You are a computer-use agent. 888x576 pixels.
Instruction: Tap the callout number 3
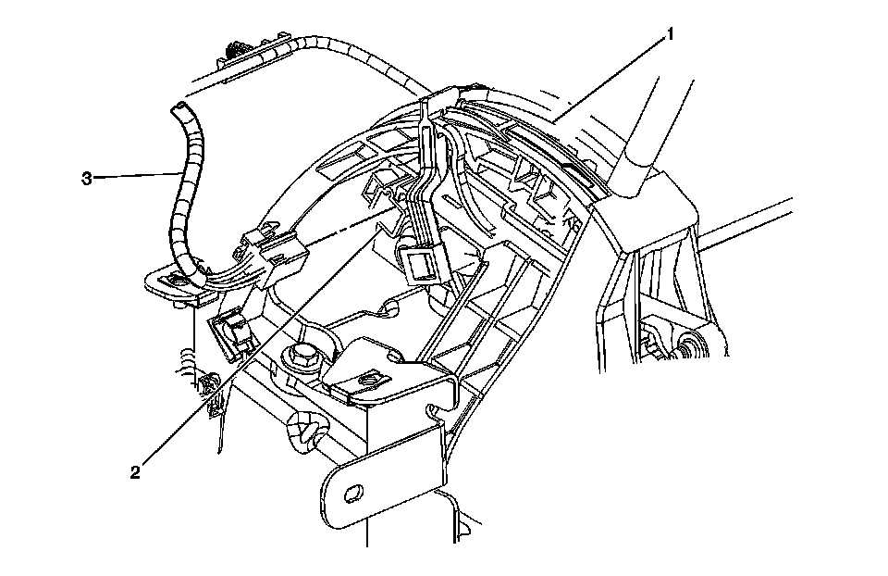coord(86,178)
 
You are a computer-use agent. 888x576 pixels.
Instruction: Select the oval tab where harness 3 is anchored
coord(171,282)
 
